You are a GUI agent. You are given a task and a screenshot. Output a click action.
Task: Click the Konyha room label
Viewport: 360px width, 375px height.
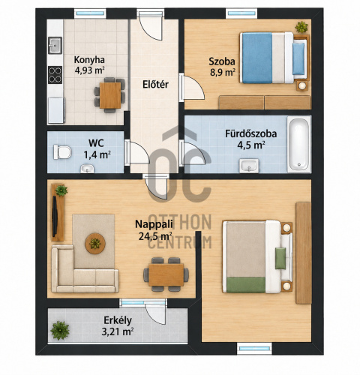click(x=89, y=60)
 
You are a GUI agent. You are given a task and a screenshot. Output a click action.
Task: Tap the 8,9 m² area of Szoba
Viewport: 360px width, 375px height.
click(x=223, y=73)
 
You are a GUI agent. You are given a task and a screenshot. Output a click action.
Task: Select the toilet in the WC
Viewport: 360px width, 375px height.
click(x=62, y=152)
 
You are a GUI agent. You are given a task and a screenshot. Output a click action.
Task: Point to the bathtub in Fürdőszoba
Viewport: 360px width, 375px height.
click(x=299, y=144)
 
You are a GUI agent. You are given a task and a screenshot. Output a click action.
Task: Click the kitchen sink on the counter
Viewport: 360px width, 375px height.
click(x=55, y=45)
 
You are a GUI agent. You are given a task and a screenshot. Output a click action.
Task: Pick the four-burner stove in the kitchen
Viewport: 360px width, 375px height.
click(x=55, y=75)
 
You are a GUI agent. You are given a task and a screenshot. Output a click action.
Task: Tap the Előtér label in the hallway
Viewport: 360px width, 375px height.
click(x=155, y=84)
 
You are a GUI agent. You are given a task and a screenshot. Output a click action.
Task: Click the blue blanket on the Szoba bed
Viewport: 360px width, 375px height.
click(x=257, y=58)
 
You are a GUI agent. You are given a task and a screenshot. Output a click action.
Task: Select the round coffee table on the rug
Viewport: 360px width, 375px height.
click(x=95, y=243)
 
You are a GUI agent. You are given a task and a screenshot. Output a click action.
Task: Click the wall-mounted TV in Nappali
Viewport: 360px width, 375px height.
click(x=55, y=216)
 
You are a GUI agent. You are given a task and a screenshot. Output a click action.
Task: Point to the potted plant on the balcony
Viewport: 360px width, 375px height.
click(x=60, y=330)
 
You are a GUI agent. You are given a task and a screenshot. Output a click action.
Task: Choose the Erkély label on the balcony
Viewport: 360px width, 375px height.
click(x=118, y=320)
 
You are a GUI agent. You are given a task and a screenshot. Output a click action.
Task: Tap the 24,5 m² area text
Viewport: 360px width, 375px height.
click(x=155, y=236)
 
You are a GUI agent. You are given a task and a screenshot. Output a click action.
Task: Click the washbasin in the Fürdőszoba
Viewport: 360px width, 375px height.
click(x=249, y=166)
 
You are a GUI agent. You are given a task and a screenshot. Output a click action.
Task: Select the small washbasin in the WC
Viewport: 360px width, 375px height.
click(x=87, y=169)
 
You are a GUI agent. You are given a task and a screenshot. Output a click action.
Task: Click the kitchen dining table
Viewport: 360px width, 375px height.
click(x=110, y=95)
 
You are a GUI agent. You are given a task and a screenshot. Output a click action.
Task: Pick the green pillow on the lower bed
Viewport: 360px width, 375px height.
click(x=280, y=258)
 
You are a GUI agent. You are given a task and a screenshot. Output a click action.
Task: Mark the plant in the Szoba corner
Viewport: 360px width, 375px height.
click(x=301, y=27)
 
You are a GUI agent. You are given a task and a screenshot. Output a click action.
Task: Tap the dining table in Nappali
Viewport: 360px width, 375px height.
click(x=166, y=274)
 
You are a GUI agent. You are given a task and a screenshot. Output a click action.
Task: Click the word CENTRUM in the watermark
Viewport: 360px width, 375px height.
click(x=179, y=242)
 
